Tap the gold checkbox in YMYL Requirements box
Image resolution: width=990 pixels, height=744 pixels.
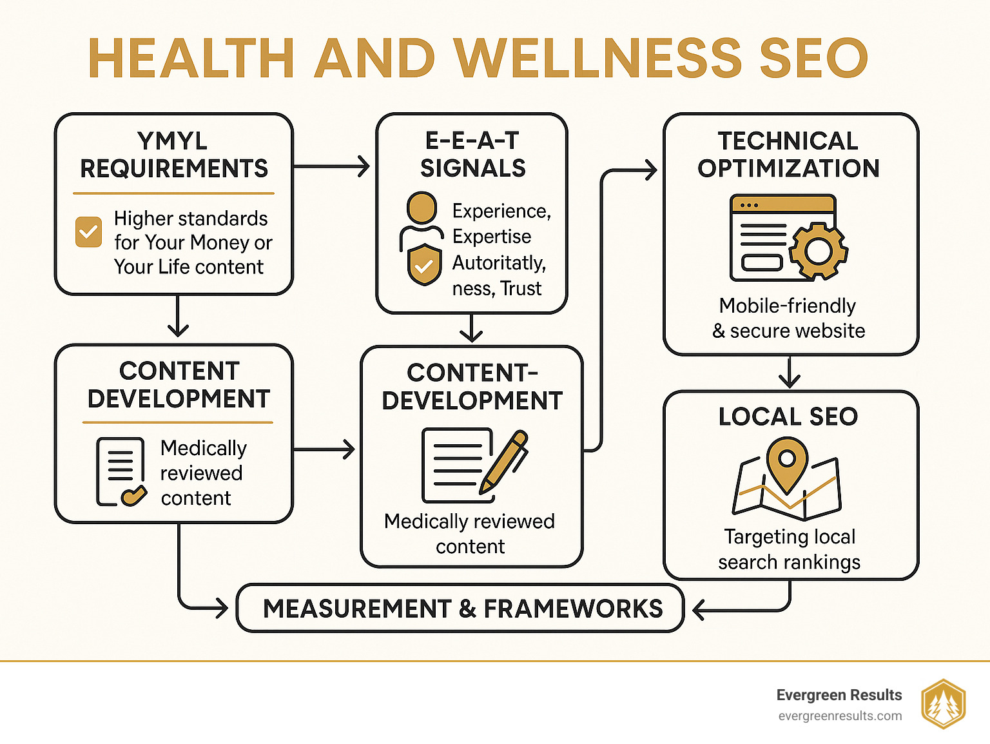pos(88,231)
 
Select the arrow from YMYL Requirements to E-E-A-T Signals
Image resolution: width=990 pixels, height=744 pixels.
pos(331,167)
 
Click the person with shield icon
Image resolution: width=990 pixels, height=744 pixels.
pos(422,239)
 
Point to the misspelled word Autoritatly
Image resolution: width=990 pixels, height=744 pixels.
pos(498,263)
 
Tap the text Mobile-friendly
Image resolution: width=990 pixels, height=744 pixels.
pos(787,306)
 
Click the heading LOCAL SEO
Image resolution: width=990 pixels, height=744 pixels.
pos(788,416)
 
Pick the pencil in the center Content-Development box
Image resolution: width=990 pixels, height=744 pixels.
pos(504,462)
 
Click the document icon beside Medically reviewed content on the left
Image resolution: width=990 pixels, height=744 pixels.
pos(121,472)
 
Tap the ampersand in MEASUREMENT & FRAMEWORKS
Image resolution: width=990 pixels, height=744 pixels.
pos(467,609)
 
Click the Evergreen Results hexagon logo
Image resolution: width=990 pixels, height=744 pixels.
pos(943,704)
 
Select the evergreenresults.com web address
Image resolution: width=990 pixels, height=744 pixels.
pos(840,716)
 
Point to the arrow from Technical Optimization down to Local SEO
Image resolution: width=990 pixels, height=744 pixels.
pos(789,373)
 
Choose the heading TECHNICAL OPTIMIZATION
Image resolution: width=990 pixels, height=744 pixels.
pos(788,155)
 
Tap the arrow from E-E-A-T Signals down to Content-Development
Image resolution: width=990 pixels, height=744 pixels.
pos(472,329)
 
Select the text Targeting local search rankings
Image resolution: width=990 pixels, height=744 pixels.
pos(789,549)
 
